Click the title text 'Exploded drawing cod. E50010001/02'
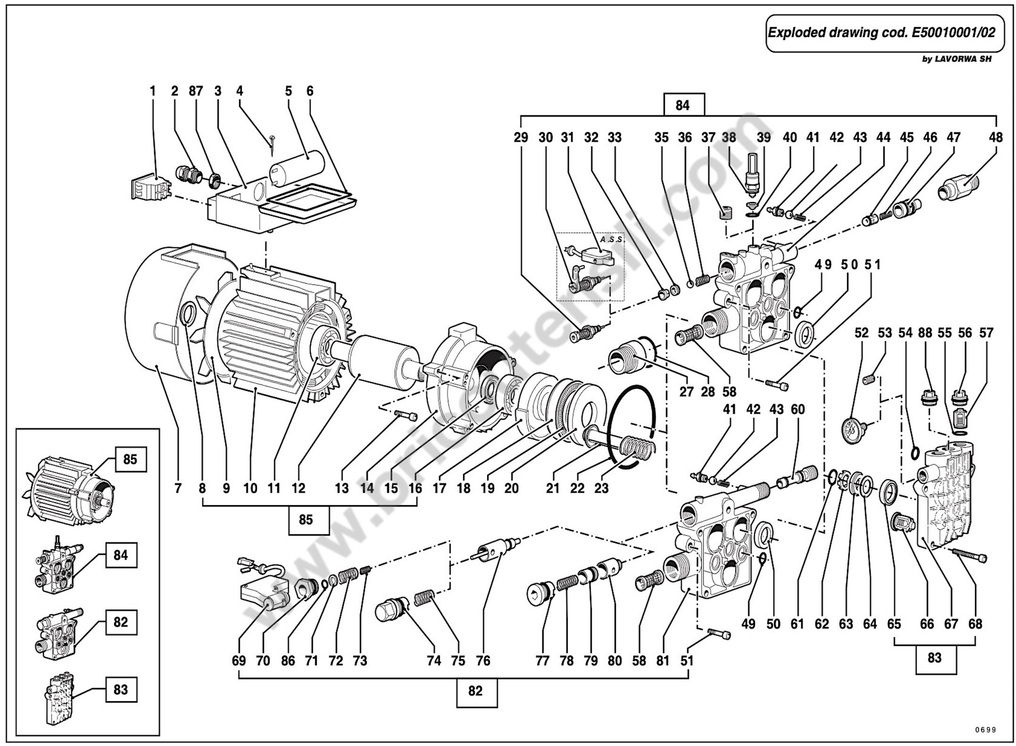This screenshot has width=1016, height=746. click(x=881, y=33)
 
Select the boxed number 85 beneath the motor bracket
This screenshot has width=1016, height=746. click(x=305, y=520)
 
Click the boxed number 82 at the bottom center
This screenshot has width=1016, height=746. click(x=476, y=691)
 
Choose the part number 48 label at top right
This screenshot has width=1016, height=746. click(x=996, y=137)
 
